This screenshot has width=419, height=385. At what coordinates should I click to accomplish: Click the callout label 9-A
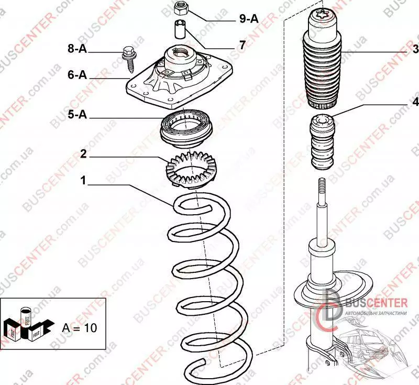pos(249,19)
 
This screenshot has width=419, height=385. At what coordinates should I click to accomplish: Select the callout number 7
pos(242,46)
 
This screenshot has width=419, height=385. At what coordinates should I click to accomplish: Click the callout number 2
pos(83,154)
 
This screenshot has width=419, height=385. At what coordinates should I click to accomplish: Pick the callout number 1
pos(83,181)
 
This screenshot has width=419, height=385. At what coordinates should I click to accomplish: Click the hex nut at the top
pos(181,8)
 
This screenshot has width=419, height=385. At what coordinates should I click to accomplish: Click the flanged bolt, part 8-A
pos(129,56)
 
